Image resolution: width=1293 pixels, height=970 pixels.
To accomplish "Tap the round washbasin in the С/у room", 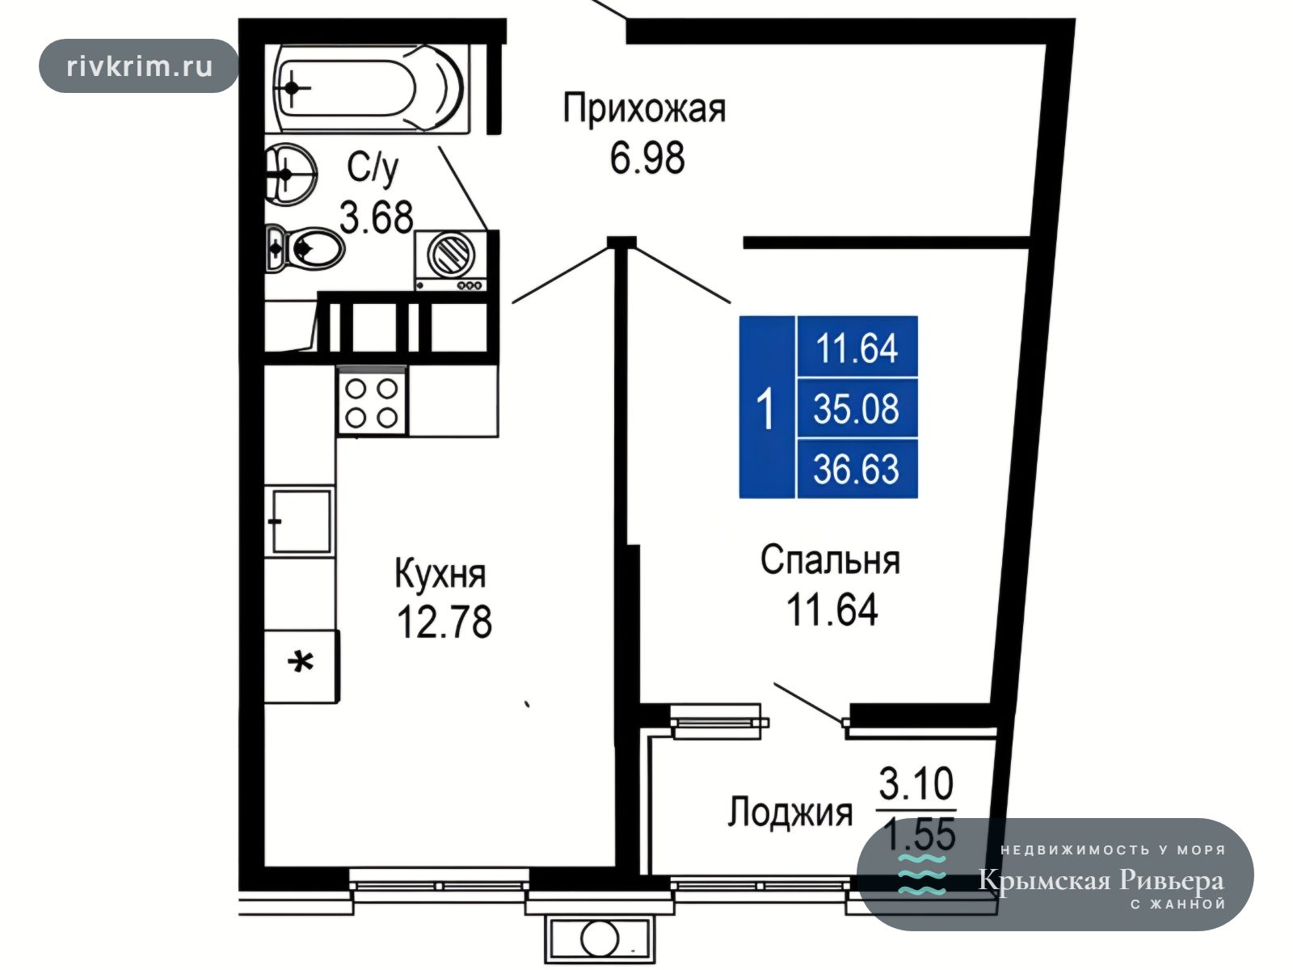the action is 290,175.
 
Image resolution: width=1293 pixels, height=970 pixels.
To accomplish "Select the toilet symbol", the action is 304,249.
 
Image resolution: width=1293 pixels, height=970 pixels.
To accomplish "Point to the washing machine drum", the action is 451,255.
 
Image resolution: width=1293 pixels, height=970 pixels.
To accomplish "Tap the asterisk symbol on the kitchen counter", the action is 301,663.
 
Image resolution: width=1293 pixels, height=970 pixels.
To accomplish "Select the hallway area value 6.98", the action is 646,158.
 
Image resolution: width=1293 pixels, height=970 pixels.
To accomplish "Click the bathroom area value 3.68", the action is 377,217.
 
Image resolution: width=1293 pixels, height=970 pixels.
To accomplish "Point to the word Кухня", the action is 440,573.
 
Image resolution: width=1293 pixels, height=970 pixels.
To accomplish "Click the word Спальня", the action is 830,559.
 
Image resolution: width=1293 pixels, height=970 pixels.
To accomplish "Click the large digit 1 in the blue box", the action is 765,408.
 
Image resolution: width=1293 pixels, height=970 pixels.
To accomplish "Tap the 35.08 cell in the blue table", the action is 857,408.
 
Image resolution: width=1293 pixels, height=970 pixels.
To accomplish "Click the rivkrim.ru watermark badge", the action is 139,66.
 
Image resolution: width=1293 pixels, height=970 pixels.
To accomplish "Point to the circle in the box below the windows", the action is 599,938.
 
